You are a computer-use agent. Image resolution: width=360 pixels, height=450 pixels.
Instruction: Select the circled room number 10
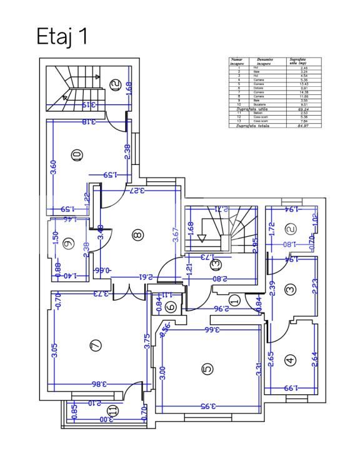tap(77, 156)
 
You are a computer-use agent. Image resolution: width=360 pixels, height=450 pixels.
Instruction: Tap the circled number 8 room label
tap(138, 235)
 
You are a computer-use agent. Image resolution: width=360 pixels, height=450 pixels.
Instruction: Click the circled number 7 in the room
tap(96, 345)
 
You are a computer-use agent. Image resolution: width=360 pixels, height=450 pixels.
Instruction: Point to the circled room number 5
tap(207, 369)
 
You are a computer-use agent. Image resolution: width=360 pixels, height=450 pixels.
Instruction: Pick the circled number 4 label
tap(290, 360)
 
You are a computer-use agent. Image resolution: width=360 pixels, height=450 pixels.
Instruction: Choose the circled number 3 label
tap(290, 290)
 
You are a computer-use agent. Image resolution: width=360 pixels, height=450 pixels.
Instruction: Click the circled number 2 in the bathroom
tap(290, 229)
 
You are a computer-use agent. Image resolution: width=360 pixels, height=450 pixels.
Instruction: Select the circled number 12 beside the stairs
tap(114, 86)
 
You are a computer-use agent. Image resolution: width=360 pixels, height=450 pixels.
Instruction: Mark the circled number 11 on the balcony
tap(112, 411)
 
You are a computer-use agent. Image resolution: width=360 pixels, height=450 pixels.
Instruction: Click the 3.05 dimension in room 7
tap(55, 350)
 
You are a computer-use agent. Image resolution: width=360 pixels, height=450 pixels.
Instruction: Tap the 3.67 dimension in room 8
tap(177, 234)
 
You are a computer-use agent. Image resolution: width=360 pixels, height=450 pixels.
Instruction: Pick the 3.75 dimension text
tap(147, 342)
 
